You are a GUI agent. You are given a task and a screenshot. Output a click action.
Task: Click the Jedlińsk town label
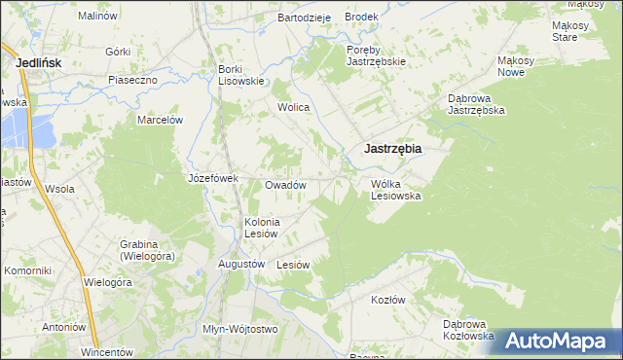[x=40, y=62]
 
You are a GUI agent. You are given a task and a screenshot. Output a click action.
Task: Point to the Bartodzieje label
[x=305, y=18]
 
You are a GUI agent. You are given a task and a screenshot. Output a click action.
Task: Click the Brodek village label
[x=361, y=18]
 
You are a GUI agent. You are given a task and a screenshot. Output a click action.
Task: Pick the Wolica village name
[x=293, y=107]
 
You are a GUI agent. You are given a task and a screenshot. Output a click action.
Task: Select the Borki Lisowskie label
[x=241, y=75]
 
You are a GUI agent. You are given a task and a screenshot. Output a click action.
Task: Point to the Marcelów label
[x=161, y=120]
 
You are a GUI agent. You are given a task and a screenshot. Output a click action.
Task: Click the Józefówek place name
[x=213, y=178]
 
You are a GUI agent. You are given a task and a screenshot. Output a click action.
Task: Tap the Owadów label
[x=286, y=185]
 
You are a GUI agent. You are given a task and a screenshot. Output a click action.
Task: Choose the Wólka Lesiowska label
[x=395, y=189]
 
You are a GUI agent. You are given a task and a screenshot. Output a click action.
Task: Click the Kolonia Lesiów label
[x=262, y=227]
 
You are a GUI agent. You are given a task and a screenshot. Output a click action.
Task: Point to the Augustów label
[x=241, y=264]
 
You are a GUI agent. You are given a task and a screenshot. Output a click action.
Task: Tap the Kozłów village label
[x=387, y=300]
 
